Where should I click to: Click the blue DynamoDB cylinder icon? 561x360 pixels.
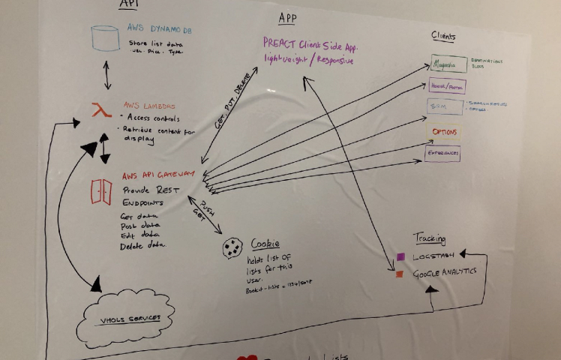pyautogui.click(x=105, y=39)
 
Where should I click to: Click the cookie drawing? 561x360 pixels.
pyautogui.click(x=232, y=247)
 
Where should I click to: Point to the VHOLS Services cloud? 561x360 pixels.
pyautogui.click(x=128, y=319)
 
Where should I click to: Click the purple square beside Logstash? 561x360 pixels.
pyautogui.click(x=400, y=257)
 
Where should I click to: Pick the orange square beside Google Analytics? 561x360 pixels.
pyautogui.click(x=400, y=274)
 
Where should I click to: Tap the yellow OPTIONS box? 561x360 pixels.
pyautogui.click(x=444, y=132)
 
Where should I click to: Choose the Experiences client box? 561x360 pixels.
pyautogui.click(x=442, y=153)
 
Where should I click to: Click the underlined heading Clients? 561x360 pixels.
pyautogui.click(x=443, y=36)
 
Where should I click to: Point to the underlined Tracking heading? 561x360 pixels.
pyautogui.click(x=429, y=238)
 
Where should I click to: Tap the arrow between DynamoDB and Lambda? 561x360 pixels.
pyautogui.click(x=107, y=76)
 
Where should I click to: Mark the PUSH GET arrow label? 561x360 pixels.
pyautogui.click(x=205, y=207)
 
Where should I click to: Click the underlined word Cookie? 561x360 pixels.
pyautogui.click(x=265, y=243)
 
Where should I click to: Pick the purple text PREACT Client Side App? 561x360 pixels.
pyautogui.click(x=310, y=44)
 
